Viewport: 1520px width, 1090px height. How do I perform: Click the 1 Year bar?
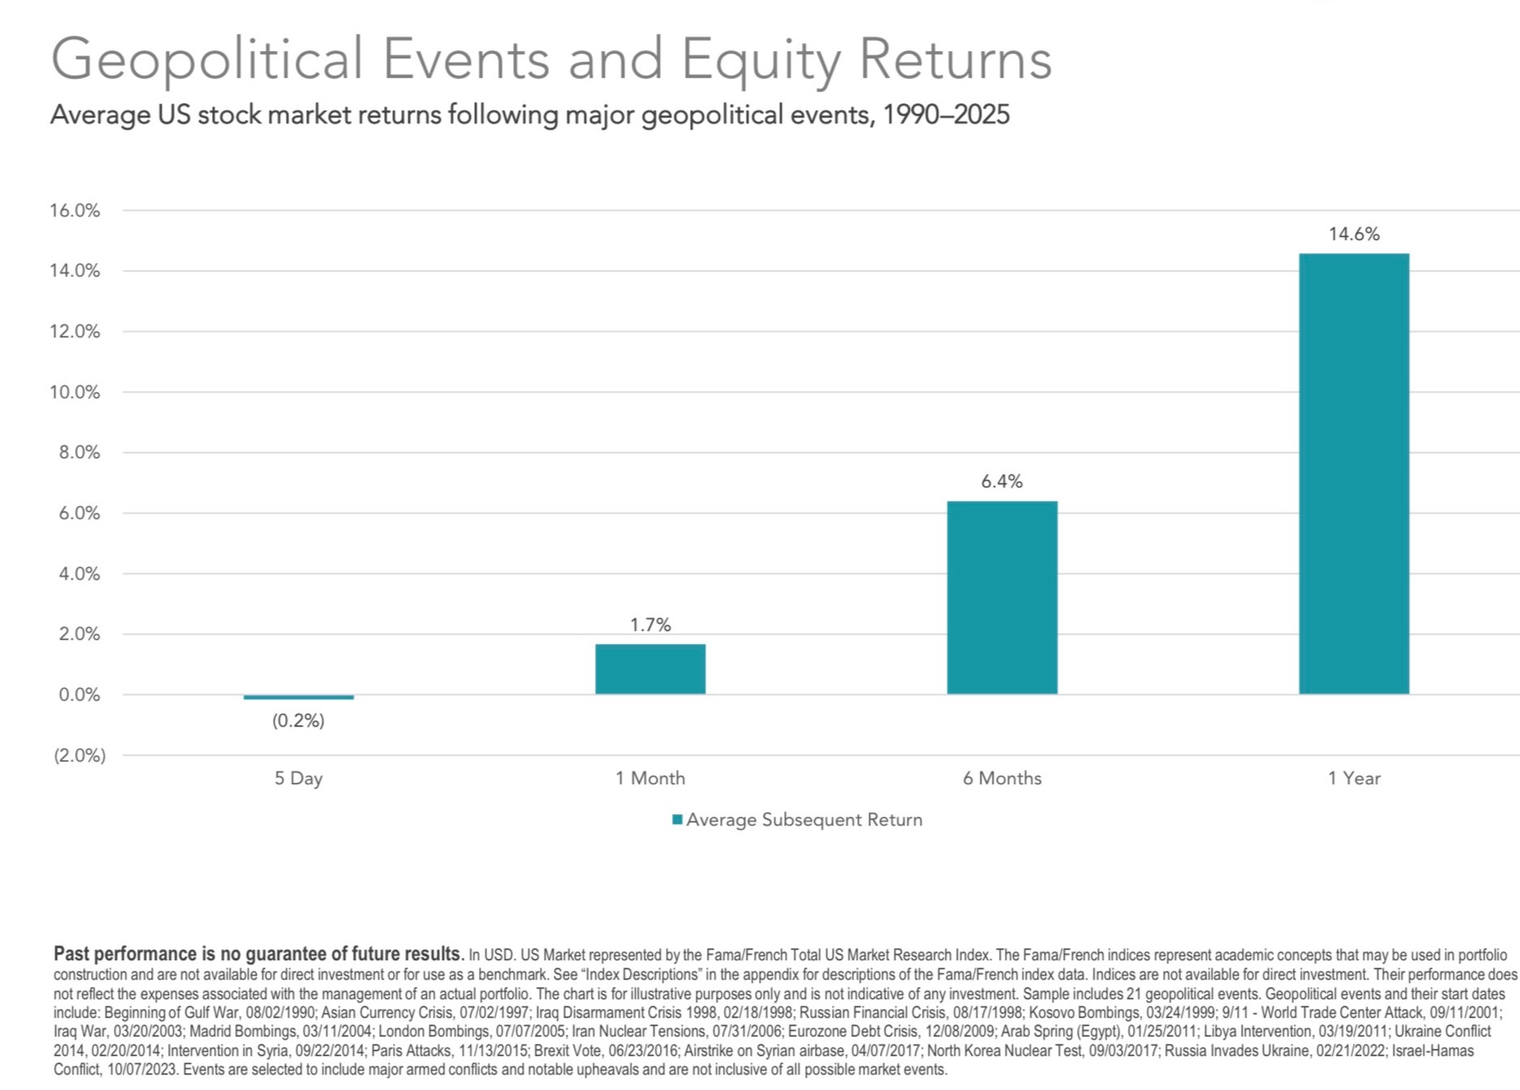(1354, 474)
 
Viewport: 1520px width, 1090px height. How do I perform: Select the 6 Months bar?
(1001, 598)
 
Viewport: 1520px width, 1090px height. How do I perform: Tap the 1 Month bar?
(650, 669)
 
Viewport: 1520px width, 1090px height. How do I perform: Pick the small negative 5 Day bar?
(299, 697)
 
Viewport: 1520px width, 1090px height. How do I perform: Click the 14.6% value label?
(1354, 234)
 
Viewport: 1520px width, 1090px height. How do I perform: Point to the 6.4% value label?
(1001, 482)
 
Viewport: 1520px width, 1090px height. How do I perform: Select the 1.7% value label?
(650, 625)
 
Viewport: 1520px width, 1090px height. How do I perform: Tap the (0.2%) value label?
(299, 721)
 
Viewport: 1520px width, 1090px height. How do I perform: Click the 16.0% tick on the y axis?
(75, 211)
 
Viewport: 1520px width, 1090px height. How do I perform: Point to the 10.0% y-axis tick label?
(75, 393)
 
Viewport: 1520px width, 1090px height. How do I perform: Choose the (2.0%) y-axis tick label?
(80, 756)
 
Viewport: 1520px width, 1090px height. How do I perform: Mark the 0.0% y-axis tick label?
(80, 695)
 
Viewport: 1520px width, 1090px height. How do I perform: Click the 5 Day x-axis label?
(299, 779)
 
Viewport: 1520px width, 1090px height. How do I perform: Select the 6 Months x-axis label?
(1001, 779)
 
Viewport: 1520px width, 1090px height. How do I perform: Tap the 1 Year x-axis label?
(1354, 779)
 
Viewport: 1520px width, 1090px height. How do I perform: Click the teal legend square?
(677, 820)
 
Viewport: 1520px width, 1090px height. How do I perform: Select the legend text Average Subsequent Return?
(804, 820)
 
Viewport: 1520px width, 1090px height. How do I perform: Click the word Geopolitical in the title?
(207, 59)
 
